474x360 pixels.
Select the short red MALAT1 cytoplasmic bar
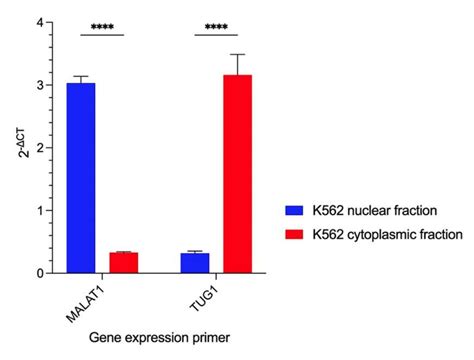coord(123,263)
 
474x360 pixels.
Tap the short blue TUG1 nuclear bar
coord(195,263)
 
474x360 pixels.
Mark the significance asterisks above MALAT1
coord(101,27)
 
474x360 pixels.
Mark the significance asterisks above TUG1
coord(216,27)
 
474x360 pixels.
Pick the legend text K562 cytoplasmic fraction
coord(382,234)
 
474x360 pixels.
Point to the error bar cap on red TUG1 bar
coord(237,54)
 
